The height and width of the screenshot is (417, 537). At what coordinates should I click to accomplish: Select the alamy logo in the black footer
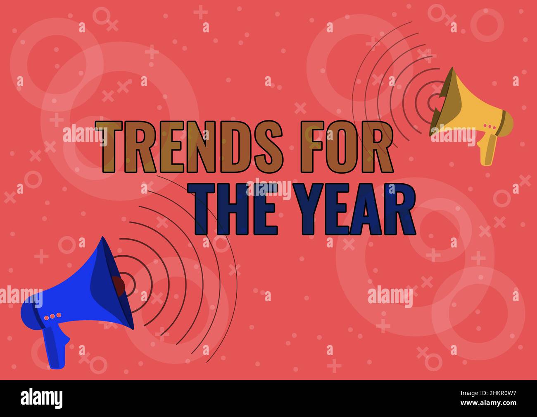coord(42,398)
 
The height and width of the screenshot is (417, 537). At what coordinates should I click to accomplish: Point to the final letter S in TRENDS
coord(268,147)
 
